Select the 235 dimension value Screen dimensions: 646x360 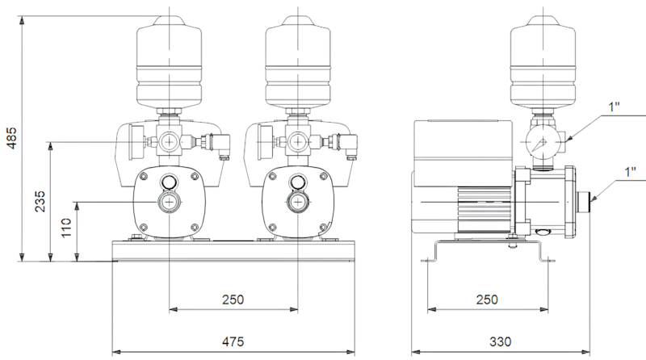click(x=40, y=201)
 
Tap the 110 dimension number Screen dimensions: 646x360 click(x=66, y=228)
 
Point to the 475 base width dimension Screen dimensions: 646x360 click(x=233, y=341)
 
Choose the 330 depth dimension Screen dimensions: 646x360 click(x=500, y=341)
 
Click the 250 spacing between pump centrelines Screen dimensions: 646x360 click(x=233, y=299)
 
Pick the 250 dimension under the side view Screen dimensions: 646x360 click(x=488, y=299)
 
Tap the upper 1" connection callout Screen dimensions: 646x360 click(x=615, y=107)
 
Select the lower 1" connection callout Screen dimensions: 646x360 click(x=631, y=172)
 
